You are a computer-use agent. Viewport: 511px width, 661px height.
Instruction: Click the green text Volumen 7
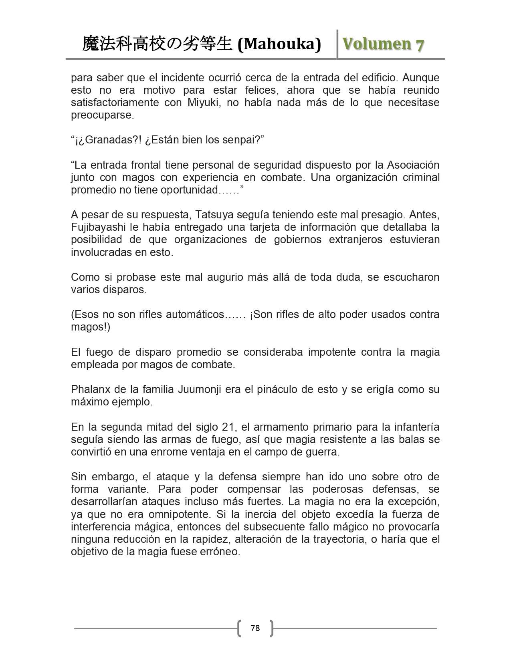(x=383, y=44)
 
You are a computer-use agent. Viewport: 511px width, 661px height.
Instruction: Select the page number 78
(x=255, y=628)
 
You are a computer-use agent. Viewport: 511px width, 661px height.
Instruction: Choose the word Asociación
(x=413, y=165)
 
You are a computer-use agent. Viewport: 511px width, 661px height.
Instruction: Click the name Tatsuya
(x=216, y=215)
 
